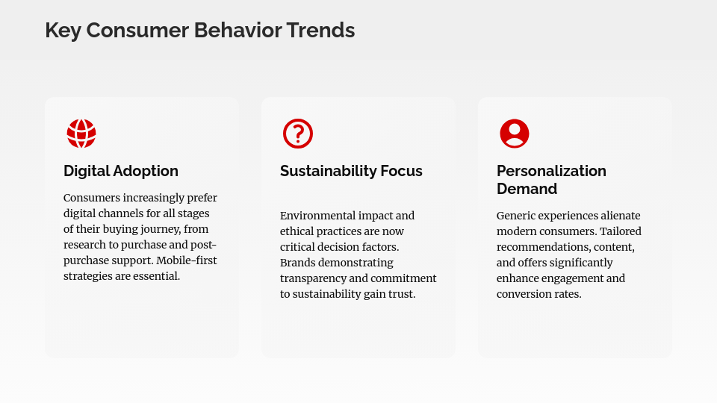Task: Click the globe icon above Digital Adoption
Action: (81, 134)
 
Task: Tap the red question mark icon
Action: (298, 134)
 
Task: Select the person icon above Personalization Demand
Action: (515, 134)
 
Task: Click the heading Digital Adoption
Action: (121, 171)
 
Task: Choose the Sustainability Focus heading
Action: (351, 171)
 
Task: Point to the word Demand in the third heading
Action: (527, 189)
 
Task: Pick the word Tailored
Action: (619, 231)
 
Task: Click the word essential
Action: (154, 276)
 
